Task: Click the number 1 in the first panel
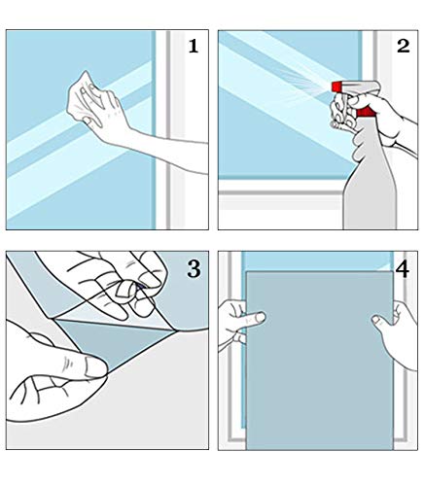point(194,46)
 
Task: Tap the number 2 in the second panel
point(404,46)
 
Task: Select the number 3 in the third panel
point(194,269)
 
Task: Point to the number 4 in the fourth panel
point(403,269)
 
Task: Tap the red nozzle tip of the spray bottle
point(336,87)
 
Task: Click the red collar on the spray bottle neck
point(366,112)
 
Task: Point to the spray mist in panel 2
point(303,81)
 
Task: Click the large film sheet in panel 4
point(319,360)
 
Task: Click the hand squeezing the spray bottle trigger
point(372,117)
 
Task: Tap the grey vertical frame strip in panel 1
point(168,129)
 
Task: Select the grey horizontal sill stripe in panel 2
point(280,192)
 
